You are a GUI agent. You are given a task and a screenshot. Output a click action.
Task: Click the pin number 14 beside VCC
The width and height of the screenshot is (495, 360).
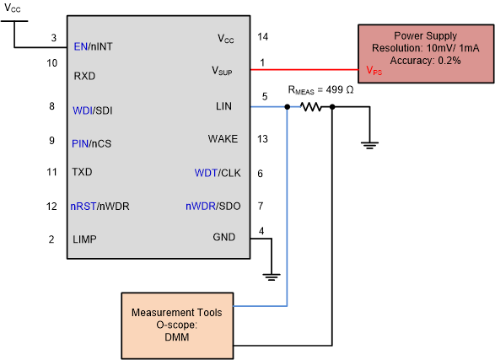coord(262,37)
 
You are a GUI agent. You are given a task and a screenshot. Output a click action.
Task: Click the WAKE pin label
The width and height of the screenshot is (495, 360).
coord(223,139)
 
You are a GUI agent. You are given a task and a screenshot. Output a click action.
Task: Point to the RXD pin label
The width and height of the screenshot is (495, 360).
coord(83,76)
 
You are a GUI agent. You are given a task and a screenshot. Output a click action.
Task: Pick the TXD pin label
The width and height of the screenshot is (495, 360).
coord(83,172)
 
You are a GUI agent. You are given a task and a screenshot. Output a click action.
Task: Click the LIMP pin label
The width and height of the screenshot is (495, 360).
coord(84,239)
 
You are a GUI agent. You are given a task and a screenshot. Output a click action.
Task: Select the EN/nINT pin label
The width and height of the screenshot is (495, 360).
coord(94,46)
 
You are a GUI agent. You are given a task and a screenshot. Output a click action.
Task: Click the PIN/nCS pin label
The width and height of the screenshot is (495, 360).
coord(92,143)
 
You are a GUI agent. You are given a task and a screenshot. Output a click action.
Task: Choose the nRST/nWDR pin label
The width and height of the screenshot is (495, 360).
coord(100,207)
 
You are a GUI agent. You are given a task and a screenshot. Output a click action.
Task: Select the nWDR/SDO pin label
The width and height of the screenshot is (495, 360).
coord(212,207)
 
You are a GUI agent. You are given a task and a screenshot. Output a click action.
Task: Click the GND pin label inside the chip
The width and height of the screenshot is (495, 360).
coord(224,238)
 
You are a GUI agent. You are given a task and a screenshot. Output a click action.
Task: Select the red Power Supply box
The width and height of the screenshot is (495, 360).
coord(425,52)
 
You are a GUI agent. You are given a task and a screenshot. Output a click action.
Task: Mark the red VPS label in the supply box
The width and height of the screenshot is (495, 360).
coord(374,72)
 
